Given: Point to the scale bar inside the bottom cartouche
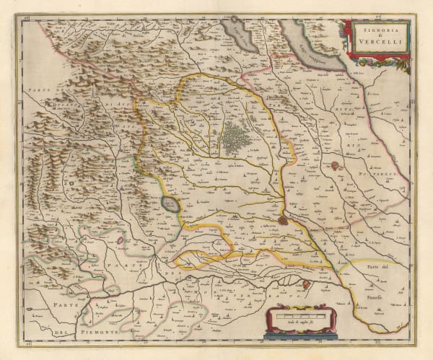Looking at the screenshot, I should (302, 315).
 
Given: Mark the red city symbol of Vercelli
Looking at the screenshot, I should (282, 220).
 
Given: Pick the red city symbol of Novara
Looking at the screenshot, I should (336, 167).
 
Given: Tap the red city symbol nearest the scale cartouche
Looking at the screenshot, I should (305, 286).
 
